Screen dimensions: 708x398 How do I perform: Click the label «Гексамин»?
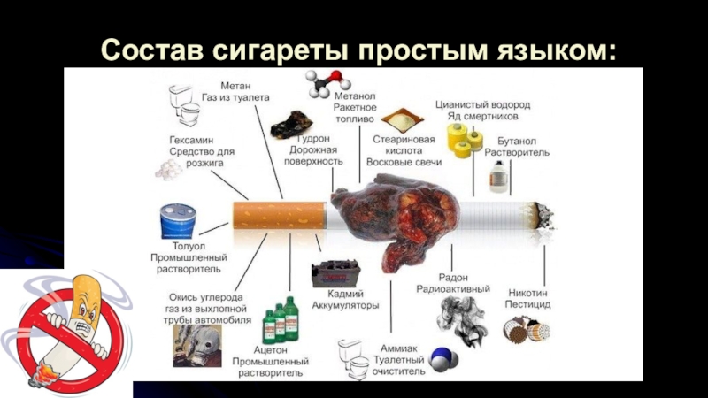pos(189,139)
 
